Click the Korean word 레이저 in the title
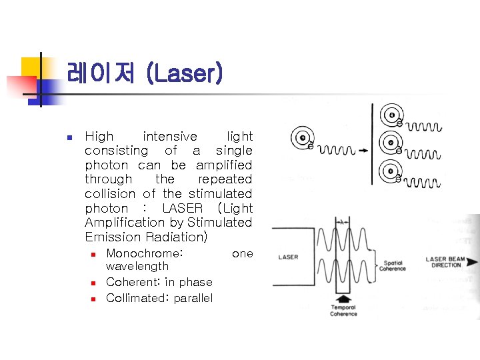(101, 73)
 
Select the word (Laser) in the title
(184, 73)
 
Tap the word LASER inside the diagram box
(288, 257)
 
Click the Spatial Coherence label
(393, 266)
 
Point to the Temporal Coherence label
(343, 310)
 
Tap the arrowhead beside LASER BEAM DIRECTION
(472, 261)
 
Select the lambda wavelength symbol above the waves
(343, 222)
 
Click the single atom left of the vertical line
(303, 139)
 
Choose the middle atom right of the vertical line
(389, 143)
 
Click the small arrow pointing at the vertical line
(363, 151)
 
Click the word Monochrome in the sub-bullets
(143, 253)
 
